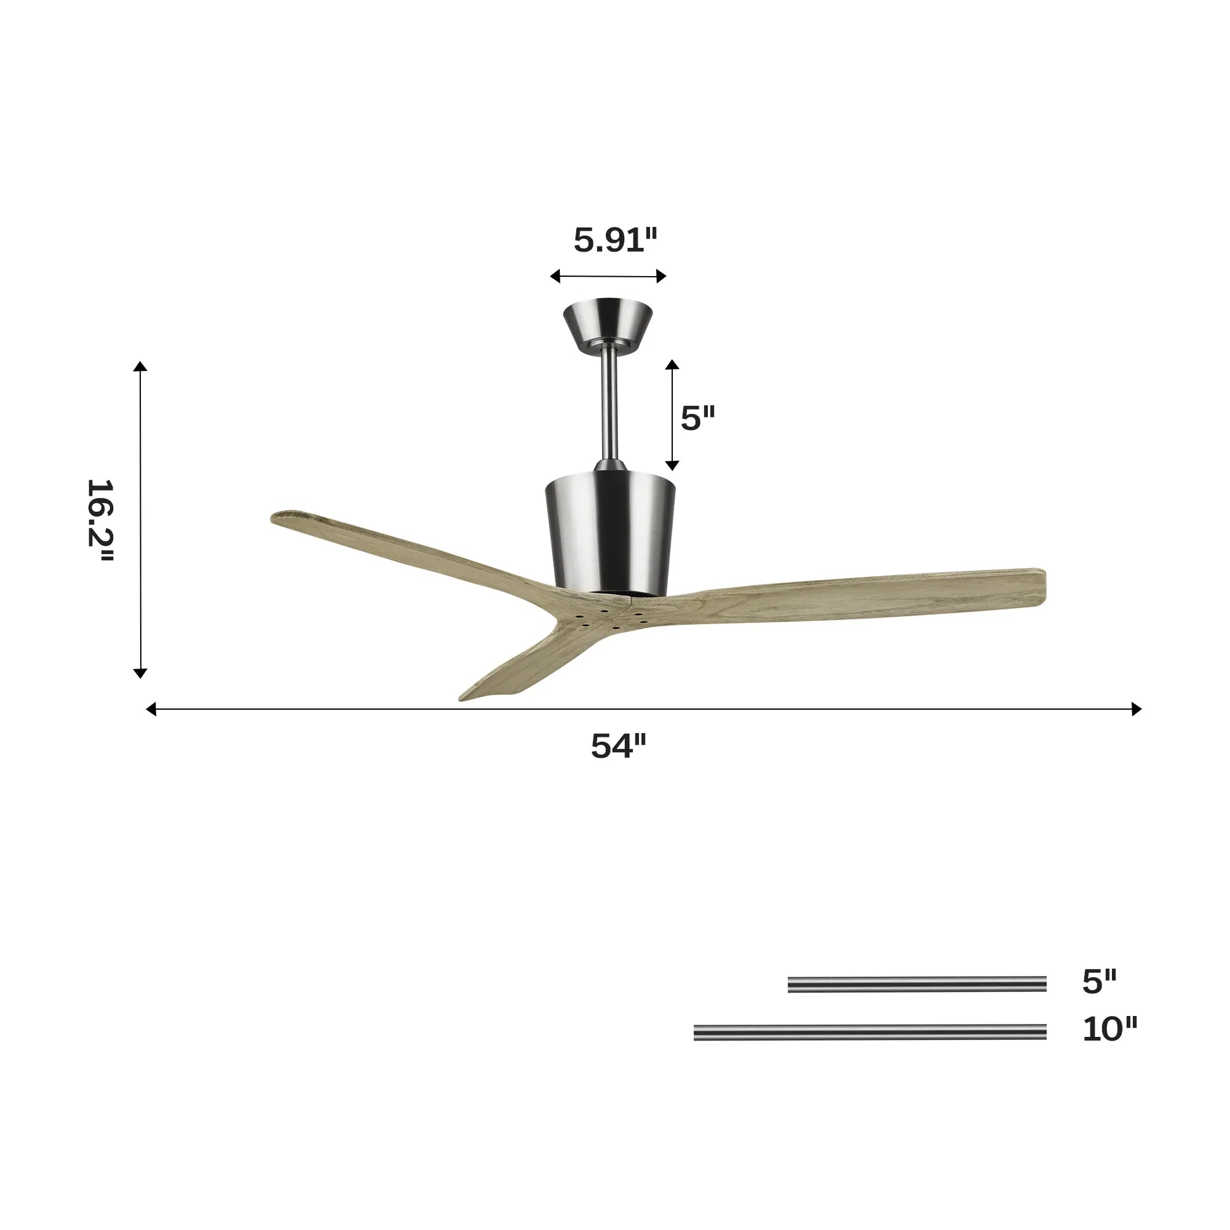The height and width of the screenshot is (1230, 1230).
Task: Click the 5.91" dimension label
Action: (614, 240)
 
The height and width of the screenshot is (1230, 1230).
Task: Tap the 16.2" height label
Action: (100, 520)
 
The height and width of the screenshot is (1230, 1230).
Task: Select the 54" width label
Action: (618, 745)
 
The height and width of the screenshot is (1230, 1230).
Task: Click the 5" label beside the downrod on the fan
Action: (698, 418)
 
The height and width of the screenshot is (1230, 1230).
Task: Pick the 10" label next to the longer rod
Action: (1109, 1030)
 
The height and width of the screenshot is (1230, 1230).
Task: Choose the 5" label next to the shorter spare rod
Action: (1099, 982)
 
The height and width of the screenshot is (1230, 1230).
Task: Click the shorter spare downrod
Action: (917, 984)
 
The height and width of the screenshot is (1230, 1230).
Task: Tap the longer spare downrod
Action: (870, 1032)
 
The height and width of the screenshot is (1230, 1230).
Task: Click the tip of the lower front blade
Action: (468, 698)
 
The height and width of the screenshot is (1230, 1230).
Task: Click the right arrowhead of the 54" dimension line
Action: (1136, 708)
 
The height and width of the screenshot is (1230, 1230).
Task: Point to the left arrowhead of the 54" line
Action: (151, 708)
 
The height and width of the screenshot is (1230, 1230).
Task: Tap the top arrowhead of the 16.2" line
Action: (140, 366)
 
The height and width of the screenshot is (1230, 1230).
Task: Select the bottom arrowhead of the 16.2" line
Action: (140, 673)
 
